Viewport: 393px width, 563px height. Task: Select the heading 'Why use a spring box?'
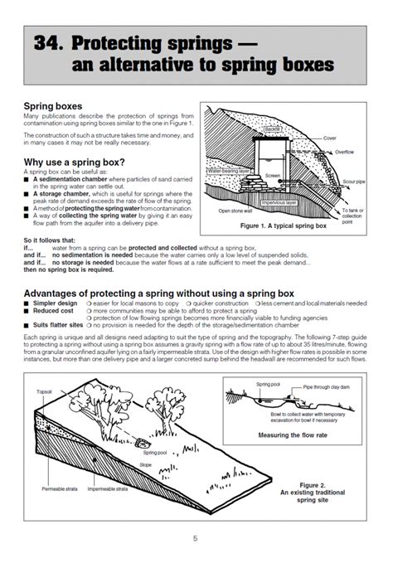tap(75, 162)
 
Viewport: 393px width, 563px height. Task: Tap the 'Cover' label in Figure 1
tap(329, 138)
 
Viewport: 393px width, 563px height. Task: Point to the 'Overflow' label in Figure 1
tap(345, 153)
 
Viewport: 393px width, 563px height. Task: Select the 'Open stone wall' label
tap(235, 211)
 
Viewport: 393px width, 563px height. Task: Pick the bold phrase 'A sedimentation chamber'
tap(68, 178)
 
